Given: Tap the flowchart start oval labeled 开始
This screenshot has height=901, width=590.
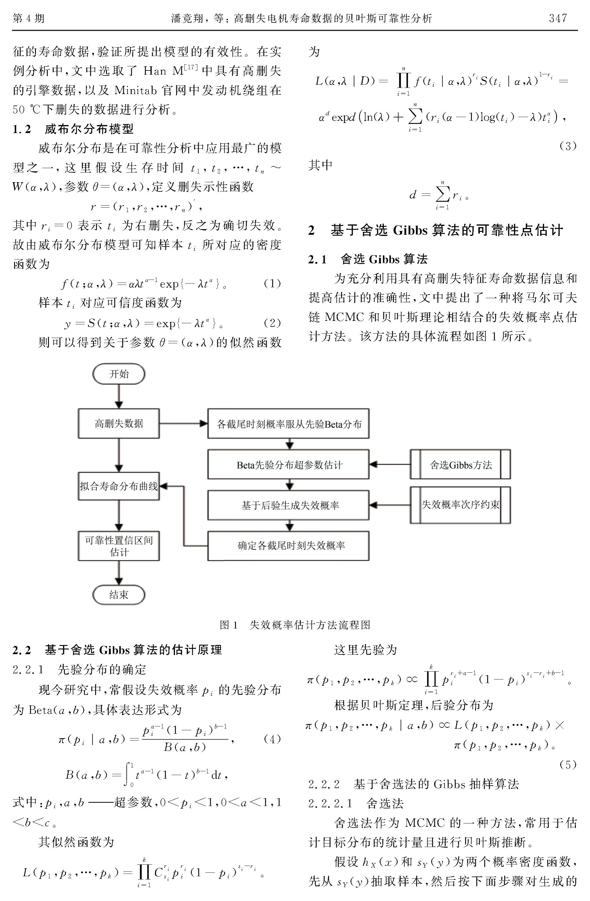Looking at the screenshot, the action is click(x=119, y=374).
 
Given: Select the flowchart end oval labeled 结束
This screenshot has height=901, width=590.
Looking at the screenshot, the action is click(x=119, y=595).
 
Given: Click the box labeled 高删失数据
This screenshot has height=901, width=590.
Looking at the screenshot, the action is click(x=119, y=423).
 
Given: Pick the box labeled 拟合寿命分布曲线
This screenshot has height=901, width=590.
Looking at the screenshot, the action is click(x=119, y=486).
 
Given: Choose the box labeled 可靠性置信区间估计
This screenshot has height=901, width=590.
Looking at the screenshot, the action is click(x=119, y=546).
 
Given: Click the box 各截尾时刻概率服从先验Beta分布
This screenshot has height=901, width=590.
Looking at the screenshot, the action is click(x=289, y=423).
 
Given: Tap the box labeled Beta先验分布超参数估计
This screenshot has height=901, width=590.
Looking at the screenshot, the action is click(x=289, y=465).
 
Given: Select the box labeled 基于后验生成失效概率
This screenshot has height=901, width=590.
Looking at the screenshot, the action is click(x=289, y=505).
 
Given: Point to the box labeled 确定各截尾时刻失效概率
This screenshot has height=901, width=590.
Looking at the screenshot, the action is click(x=289, y=546).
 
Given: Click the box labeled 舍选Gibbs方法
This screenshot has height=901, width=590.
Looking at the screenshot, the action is click(x=460, y=465).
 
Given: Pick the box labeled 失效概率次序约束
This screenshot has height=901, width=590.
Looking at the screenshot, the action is click(x=460, y=505).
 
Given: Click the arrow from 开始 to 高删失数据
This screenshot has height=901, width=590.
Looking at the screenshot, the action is click(x=119, y=397).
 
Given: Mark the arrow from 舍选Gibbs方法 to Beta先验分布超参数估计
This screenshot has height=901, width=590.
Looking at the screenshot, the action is click(x=390, y=465).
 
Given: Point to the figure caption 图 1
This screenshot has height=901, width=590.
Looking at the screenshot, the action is click(x=228, y=625).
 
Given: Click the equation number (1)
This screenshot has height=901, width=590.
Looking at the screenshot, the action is click(x=272, y=283).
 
